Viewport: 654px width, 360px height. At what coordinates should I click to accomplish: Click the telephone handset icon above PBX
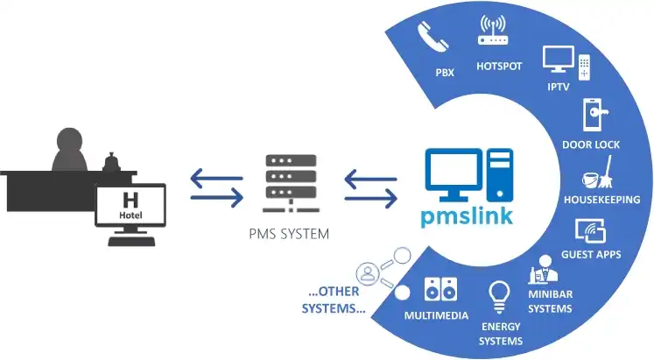pyautogui.click(x=433, y=38)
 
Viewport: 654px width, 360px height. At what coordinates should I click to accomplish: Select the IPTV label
pyautogui.click(x=559, y=87)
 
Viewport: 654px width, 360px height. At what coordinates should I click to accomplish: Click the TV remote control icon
pyautogui.click(x=584, y=67)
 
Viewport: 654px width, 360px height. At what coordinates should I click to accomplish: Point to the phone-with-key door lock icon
pyautogui.click(x=595, y=114)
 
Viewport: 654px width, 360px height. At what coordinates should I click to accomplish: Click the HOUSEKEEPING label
pyautogui.click(x=601, y=200)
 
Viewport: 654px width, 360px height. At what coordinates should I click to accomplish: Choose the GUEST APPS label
pyautogui.click(x=591, y=255)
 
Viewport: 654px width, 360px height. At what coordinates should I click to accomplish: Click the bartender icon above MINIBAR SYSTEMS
pyautogui.click(x=544, y=269)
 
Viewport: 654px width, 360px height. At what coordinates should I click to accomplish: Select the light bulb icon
pyautogui.click(x=499, y=297)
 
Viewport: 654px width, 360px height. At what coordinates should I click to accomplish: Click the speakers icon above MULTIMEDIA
pyautogui.click(x=440, y=289)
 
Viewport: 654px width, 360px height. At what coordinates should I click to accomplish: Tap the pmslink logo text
pyautogui.click(x=467, y=216)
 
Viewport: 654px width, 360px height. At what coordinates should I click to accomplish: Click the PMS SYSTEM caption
pyautogui.click(x=289, y=234)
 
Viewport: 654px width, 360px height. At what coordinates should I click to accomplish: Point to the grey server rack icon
pyautogui.click(x=291, y=183)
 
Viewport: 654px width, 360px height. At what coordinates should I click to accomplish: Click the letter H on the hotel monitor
pyautogui.click(x=130, y=201)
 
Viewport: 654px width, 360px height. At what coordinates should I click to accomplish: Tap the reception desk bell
pyautogui.click(x=111, y=162)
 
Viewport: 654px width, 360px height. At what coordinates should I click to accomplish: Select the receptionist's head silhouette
pyautogui.click(x=69, y=140)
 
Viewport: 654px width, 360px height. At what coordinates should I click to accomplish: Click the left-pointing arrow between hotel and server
pyautogui.click(x=216, y=178)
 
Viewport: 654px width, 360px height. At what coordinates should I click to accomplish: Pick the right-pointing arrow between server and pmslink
pyautogui.click(x=371, y=198)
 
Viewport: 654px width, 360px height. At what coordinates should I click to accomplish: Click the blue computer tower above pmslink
pyautogui.click(x=500, y=175)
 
